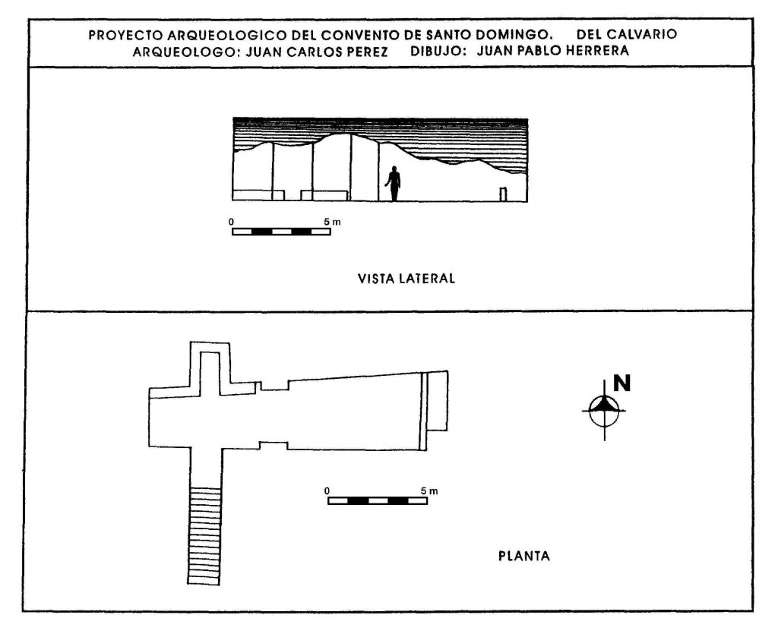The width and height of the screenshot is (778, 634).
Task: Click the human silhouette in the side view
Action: click(394, 184)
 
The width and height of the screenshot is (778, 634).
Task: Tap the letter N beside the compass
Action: click(621, 383)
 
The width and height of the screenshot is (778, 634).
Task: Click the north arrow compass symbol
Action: click(604, 411)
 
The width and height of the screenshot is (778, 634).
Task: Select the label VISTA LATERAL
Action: click(406, 279)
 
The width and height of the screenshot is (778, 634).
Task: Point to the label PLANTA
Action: click(524, 556)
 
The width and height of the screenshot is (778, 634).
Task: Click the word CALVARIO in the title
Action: click(642, 34)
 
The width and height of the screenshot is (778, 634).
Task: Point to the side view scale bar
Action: click(281, 232)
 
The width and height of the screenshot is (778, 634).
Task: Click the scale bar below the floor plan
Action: click(378, 500)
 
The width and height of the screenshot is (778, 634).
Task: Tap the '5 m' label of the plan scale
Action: click(429, 490)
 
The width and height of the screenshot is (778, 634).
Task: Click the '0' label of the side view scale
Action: click(231, 222)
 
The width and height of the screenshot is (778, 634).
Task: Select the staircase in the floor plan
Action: click(204, 536)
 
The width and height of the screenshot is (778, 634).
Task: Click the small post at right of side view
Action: click(503, 194)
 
